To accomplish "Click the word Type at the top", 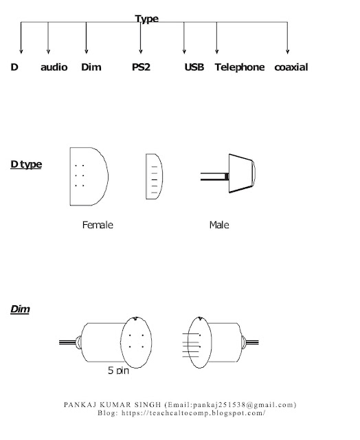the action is pos(146,19).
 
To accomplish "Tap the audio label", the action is pos(54,67).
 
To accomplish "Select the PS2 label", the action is pos(141,67).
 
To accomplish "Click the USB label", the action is pos(194,67).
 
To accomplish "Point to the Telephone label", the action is pos(240,67).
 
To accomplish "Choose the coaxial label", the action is pos(291,67).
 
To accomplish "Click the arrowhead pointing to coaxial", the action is pos(287,52).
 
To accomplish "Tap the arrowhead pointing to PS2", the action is pos(141,52).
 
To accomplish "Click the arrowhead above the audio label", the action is pos(48,52).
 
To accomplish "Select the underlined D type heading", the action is pos(26,164).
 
